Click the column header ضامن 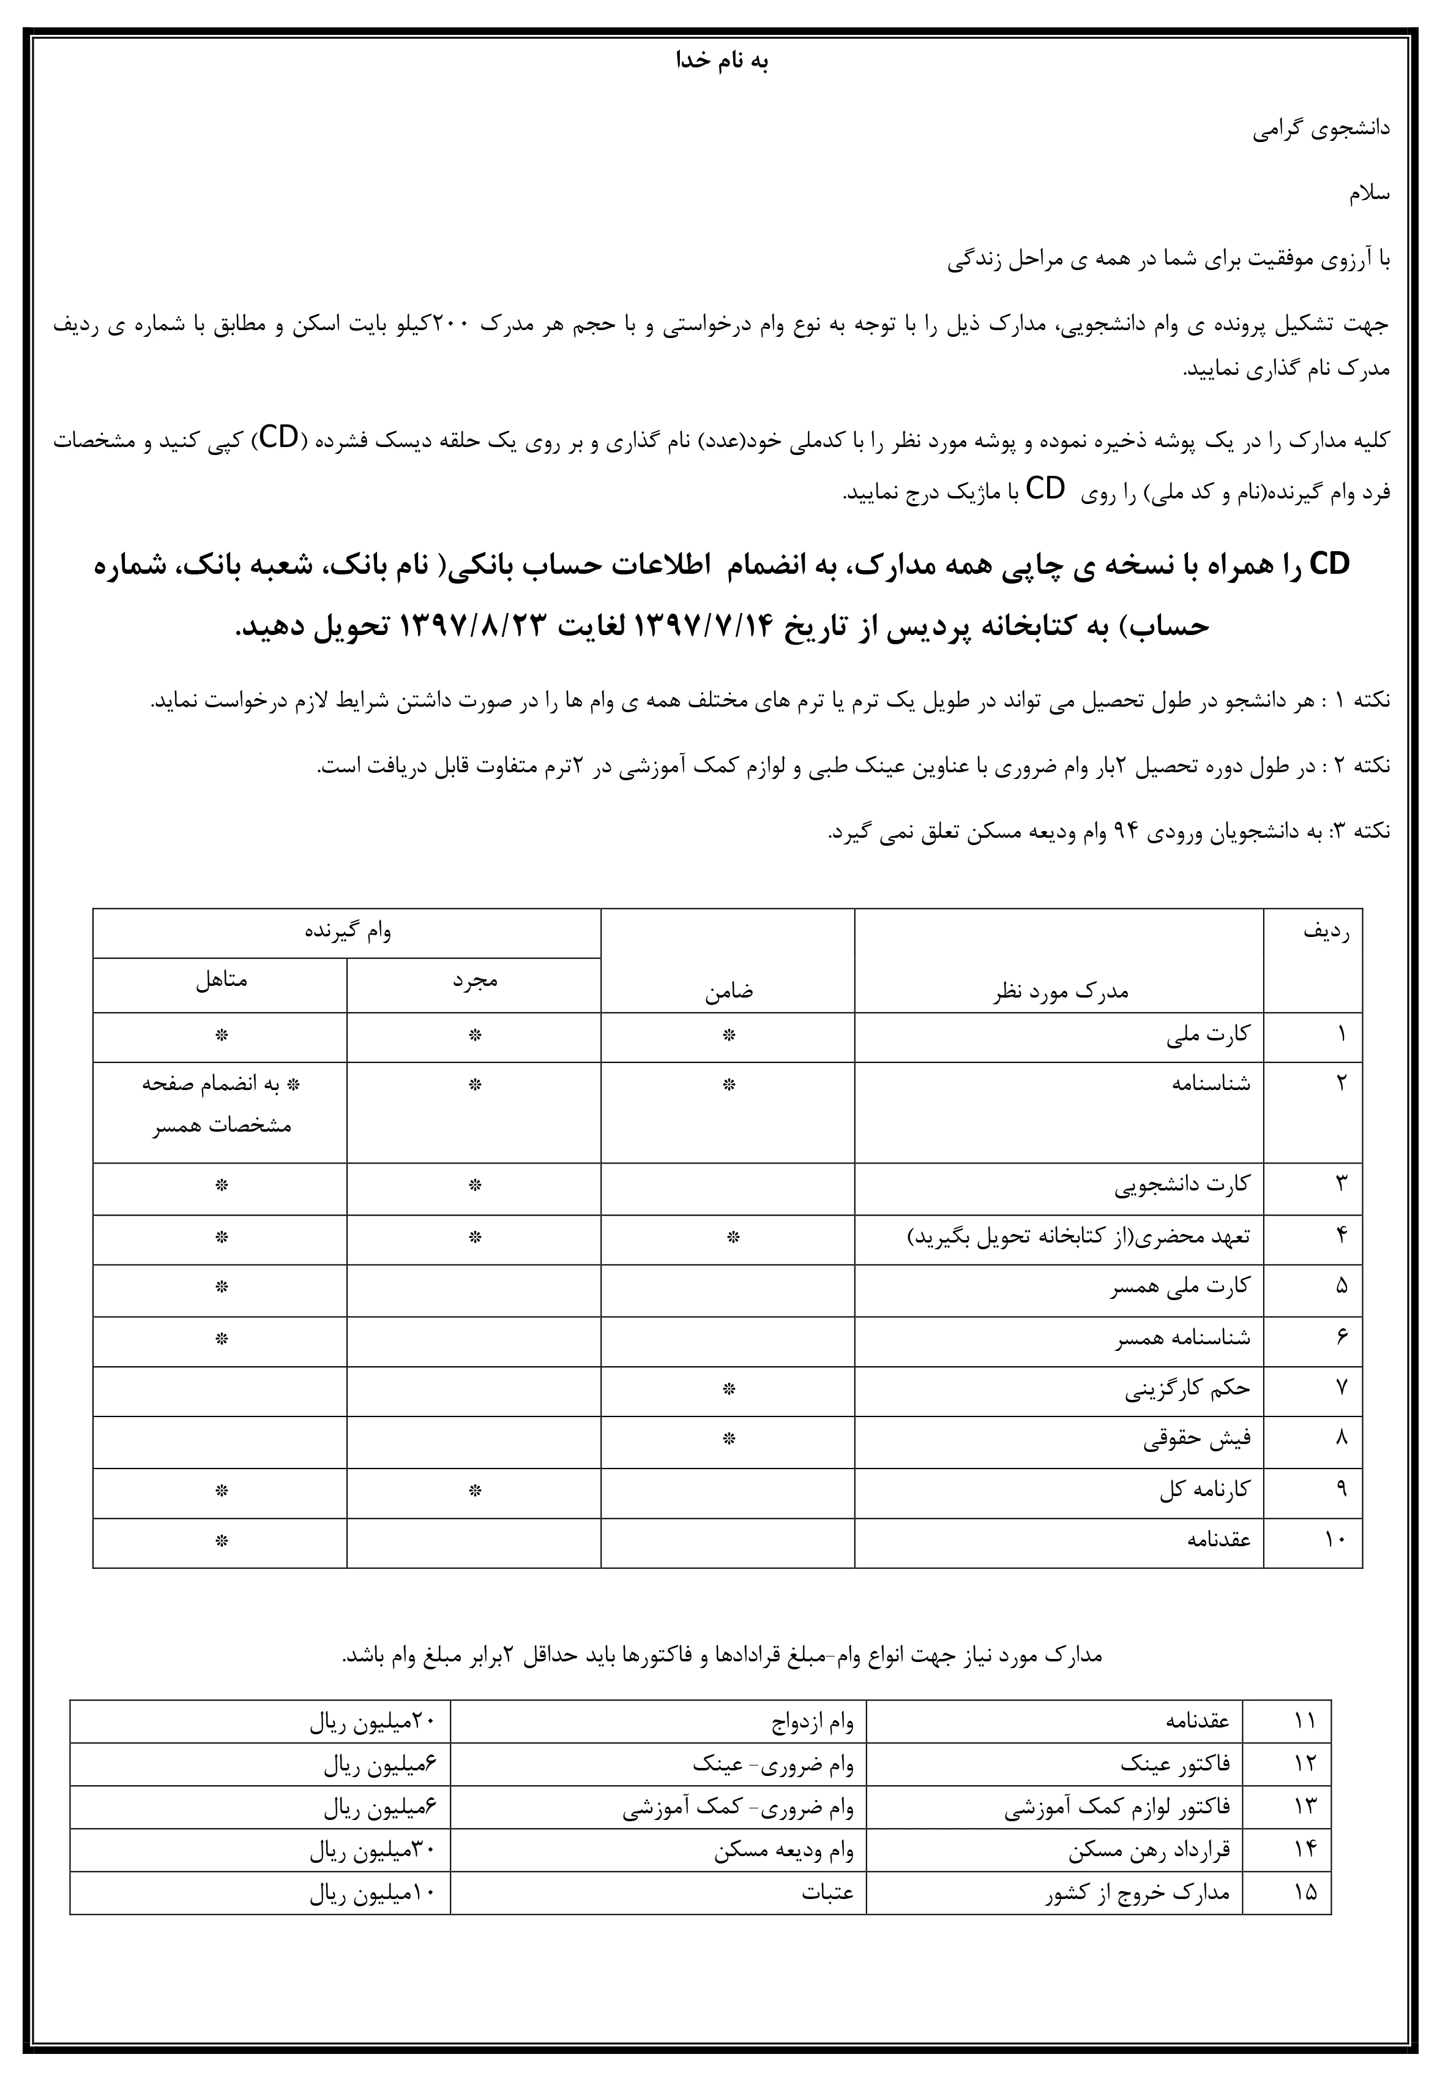[728, 991]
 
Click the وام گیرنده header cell [348, 931]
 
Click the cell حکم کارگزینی [1187, 1388]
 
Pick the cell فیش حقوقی [1196, 1439]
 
